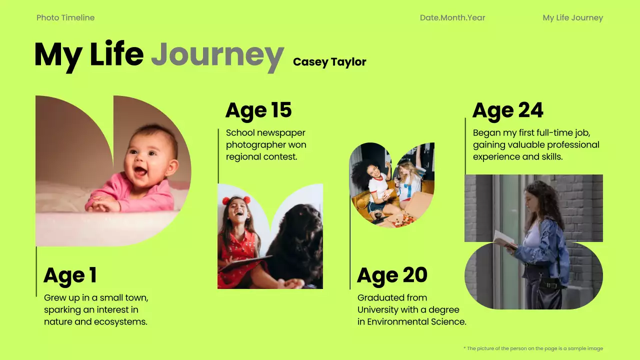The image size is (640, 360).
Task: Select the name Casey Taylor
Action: point(329,62)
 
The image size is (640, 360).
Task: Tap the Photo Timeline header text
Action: point(65,18)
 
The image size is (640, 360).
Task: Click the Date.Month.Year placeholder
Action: point(452,18)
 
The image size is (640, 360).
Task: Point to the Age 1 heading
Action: point(70,275)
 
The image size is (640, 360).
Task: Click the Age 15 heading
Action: point(258,110)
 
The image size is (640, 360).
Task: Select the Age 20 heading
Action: point(392,275)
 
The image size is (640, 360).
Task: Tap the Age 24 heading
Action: point(507,110)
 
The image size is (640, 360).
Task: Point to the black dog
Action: point(298,240)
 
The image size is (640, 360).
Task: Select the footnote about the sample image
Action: point(533,348)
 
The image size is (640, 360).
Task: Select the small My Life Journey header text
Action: point(572,18)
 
